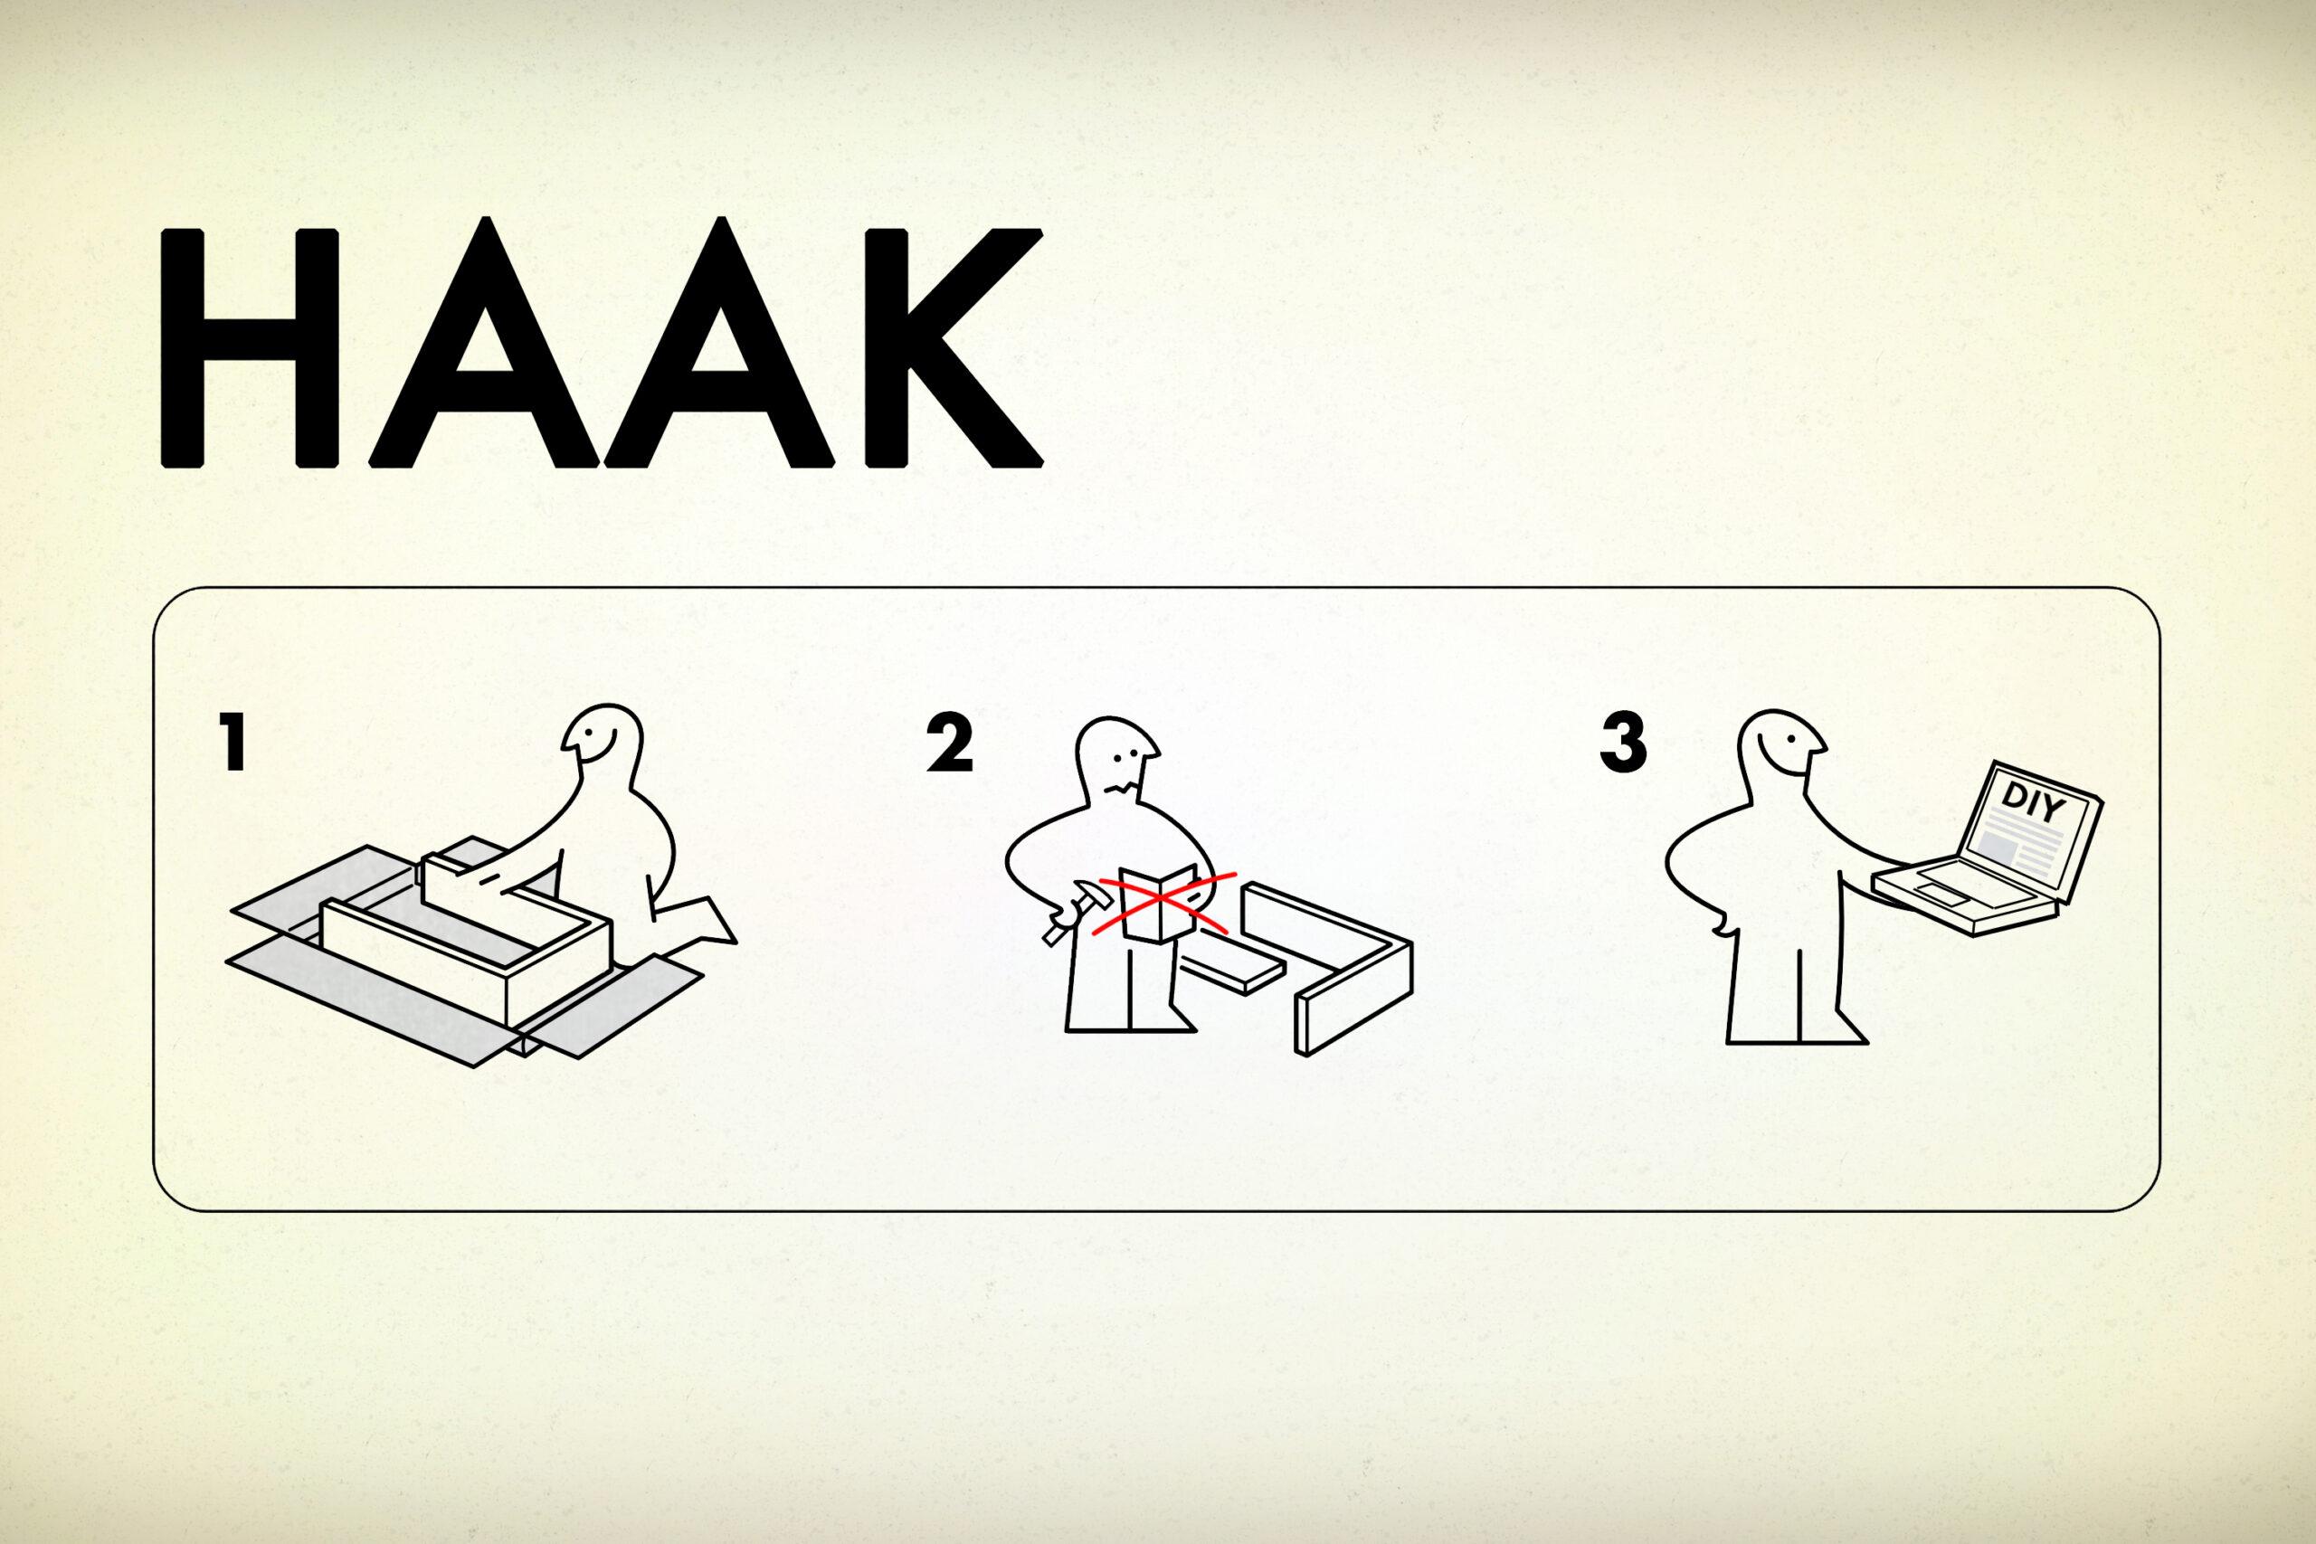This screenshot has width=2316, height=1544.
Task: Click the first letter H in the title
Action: pyautogui.click(x=250, y=346)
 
